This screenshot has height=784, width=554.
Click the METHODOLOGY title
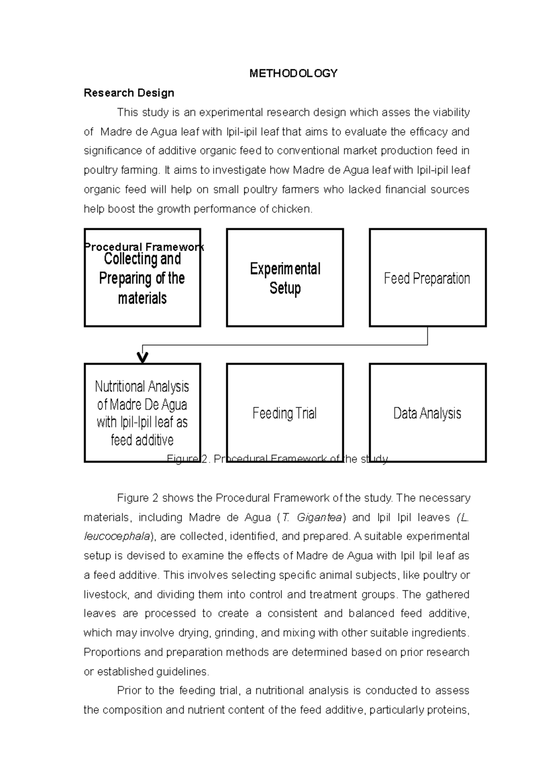tap(294, 73)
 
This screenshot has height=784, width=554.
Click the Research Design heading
tap(129, 93)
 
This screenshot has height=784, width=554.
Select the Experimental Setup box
tap(285, 278)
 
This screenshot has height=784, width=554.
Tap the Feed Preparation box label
tap(427, 278)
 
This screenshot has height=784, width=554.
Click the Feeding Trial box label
tap(284, 413)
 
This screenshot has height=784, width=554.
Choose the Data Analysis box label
tap(427, 413)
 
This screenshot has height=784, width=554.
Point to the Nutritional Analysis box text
tap(142, 413)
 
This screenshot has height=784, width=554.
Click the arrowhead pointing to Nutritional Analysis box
tap(143, 358)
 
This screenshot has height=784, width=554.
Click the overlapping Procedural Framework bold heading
tap(144, 247)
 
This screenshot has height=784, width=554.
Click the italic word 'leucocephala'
tap(117, 537)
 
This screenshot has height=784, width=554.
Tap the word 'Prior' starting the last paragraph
tap(129, 691)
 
